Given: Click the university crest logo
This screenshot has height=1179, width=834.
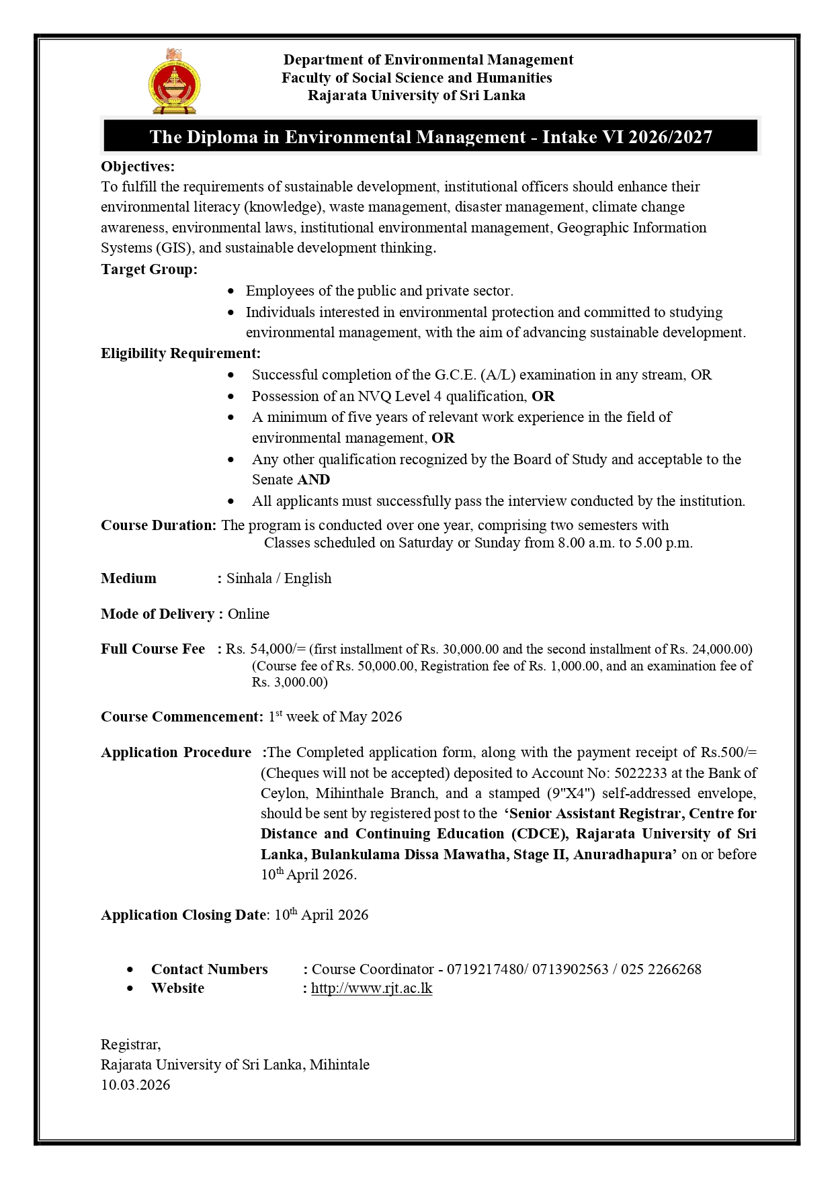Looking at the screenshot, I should pos(174,81).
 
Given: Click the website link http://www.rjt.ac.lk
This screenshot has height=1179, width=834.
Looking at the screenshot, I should pos(371,988).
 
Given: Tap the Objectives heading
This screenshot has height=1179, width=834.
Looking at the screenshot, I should pos(137,167).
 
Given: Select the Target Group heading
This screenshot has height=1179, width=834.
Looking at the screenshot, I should pos(149,269).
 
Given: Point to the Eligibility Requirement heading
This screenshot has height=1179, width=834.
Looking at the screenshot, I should pos(180,353).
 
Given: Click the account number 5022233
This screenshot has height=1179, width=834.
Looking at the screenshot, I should pos(640,773).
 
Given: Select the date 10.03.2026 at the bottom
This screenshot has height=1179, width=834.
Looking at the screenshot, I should pos(135,1085).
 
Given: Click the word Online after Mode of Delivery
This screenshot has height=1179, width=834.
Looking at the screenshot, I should pos(248,614).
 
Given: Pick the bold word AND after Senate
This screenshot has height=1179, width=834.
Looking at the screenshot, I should pos(313,480).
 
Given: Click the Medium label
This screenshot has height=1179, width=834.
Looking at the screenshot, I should pos(128,578).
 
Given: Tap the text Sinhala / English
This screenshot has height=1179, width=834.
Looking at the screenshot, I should pos(278,578).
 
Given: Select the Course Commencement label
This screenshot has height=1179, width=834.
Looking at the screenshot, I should pos(181,717).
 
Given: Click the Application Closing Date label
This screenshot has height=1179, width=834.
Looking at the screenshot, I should pos(184,915).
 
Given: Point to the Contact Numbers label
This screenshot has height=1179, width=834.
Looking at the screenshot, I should pos(209,969).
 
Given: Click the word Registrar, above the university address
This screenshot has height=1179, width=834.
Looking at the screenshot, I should pos(130,1045).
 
